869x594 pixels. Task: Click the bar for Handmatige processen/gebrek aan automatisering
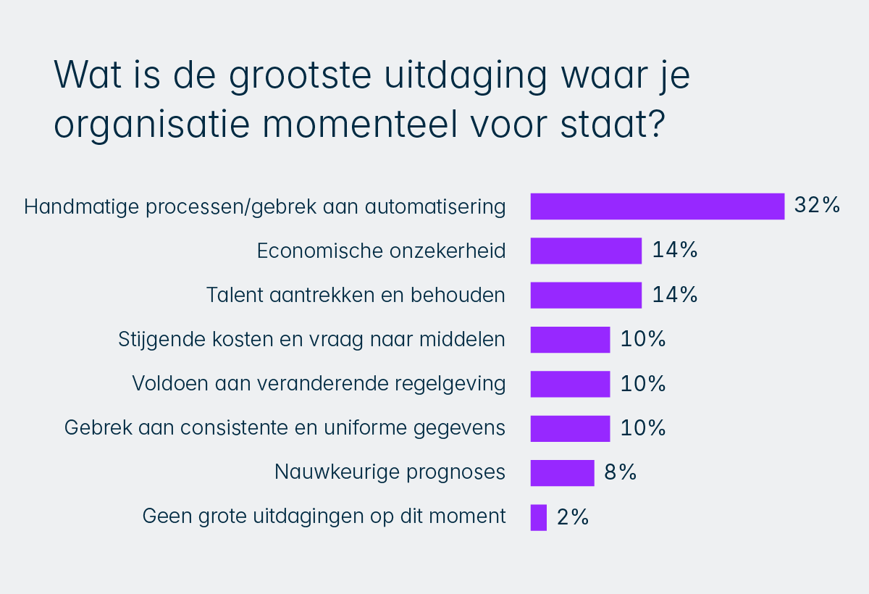tap(657, 206)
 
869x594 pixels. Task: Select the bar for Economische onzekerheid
tap(586, 251)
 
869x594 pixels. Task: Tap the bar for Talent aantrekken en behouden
tap(586, 296)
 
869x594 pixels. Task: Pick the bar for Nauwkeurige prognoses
tap(562, 473)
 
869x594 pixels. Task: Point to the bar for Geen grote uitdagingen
tap(538, 517)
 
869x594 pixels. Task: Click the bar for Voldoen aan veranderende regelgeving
tap(570, 384)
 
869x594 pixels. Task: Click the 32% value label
tap(817, 206)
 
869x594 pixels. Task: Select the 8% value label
tap(621, 473)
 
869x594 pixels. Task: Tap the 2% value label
tap(573, 517)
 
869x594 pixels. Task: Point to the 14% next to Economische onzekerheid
tap(674, 251)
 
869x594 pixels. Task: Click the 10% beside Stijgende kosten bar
tap(642, 339)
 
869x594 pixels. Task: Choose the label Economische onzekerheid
tap(382, 251)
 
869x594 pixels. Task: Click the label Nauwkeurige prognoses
tap(390, 473)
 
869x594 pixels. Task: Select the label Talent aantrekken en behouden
tap(356, 296)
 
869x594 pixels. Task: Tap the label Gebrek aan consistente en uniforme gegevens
tap(285, 428)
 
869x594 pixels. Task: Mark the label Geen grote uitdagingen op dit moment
tap(324, 517)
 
